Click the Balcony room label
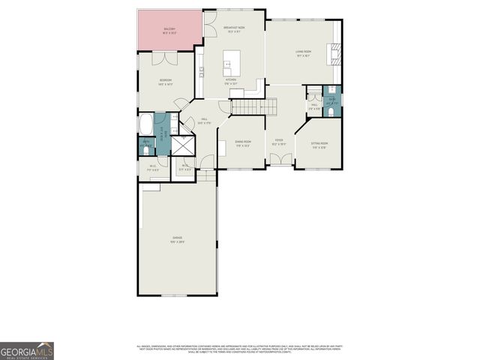(169, 31)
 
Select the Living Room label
(303, 52)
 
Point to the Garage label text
(177, 240)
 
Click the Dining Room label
(242, 142)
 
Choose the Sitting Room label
(319, 145)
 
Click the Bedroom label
(166, 81)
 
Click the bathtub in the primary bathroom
(145, 124)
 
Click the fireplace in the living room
(334, 53)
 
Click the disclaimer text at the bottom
(240, 348)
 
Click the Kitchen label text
(232, 80)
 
